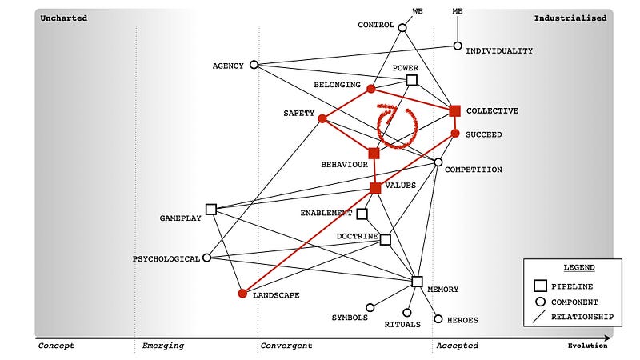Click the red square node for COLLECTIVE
click(454, 111)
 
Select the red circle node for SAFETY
click(322, 118)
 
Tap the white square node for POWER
click(412, 80)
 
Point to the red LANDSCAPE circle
click(242, 294)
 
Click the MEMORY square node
click(417, 281)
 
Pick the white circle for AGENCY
click(254, 65)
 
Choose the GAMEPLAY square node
click(211, 209)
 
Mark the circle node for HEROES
click(438, 318)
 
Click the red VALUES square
click(375, 188)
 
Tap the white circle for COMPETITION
click(438, 162)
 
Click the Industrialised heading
click(570, 18)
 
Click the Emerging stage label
click(163, 346)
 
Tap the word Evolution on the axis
click(587, 346)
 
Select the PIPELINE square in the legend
click(540, 286)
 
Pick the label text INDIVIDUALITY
click(499, 51)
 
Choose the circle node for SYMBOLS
click(370, 307)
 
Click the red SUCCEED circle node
click(455, 134)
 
